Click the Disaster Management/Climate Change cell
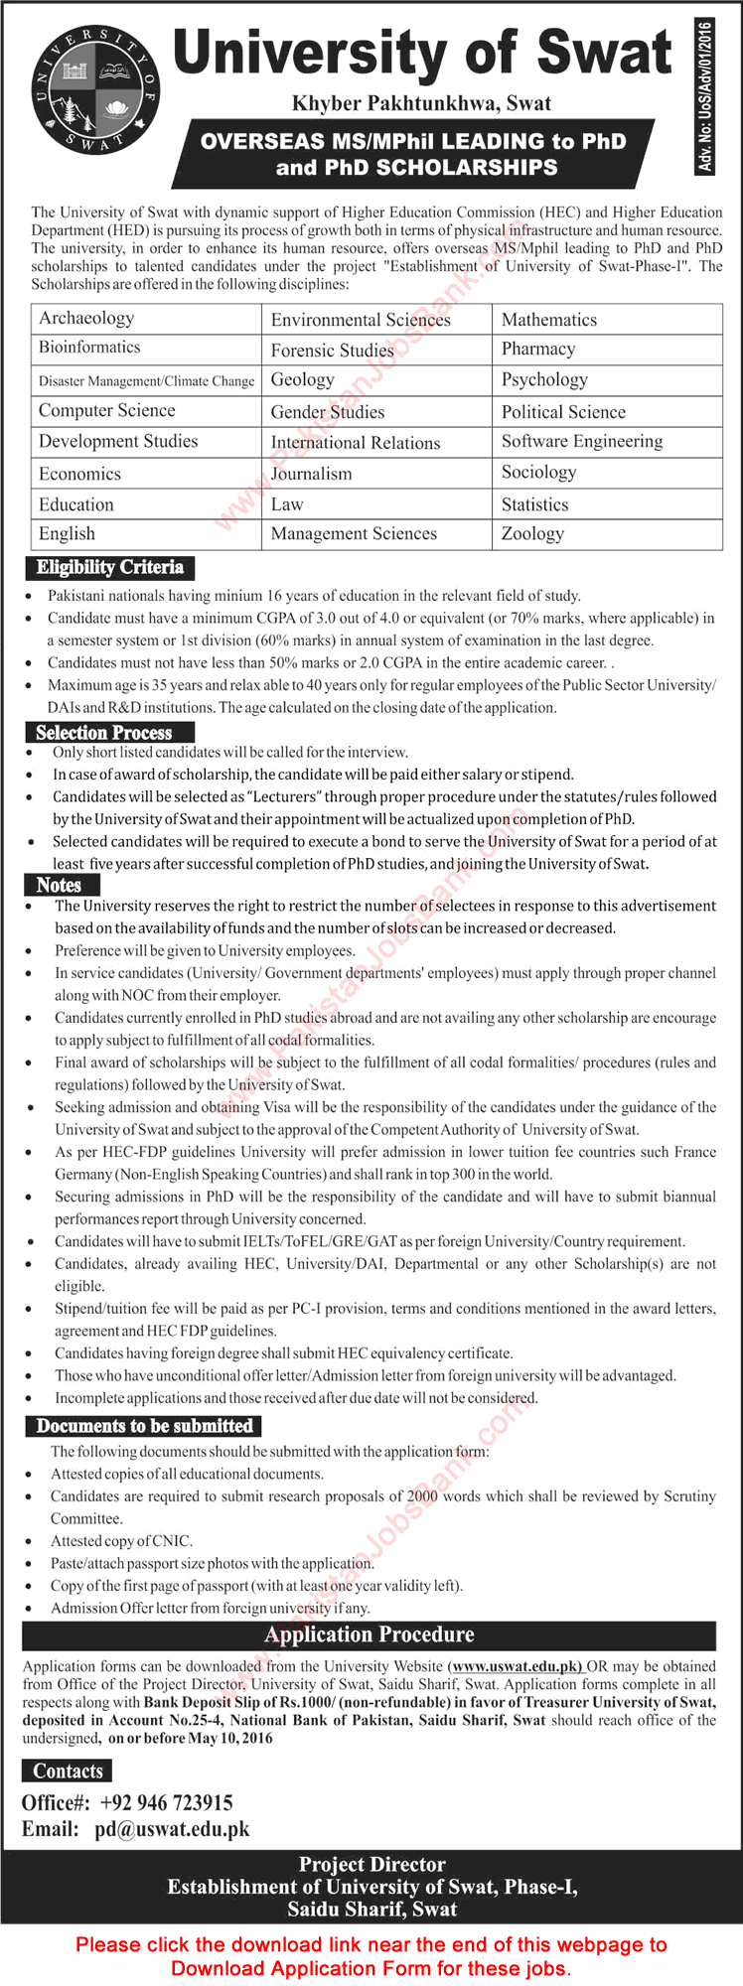(146, 380)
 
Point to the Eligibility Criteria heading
(109, 567)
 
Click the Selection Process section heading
(103, 733)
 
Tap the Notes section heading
(59, 885)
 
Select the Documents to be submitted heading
(144, 1426)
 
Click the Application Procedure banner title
(370, 1634)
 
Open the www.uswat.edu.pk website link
(515, 1666)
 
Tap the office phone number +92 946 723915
(167, 1802)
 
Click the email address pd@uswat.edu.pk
(172, 1829)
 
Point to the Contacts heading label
(68, 1771)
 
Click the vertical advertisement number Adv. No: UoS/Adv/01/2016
(705, 96)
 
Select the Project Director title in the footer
(371, 1865)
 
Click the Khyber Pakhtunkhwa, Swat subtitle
(421, 103)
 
